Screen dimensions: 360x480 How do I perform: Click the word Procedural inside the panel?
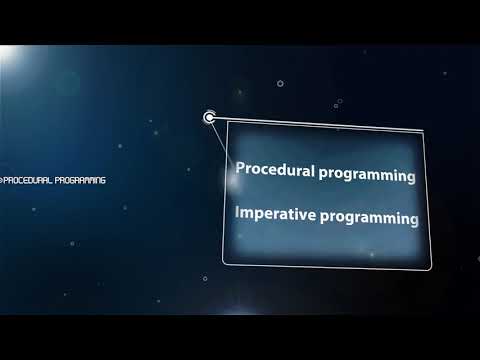click(275, 172)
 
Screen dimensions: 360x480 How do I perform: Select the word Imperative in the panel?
click(275, 214)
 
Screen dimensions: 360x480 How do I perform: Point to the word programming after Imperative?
click(369, 217)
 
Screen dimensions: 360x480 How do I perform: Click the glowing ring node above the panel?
click(209, 118)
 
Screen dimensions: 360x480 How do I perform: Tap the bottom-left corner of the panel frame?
click(224, 262)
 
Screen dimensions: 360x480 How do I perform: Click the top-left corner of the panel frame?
click(228, 123)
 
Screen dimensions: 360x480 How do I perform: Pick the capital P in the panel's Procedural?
click(240, 170)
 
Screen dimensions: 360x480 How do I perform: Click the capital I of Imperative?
click(237, 212)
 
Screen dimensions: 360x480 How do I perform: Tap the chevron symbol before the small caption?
click(3, 180)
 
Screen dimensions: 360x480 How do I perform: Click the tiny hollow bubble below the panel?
click(205, 279)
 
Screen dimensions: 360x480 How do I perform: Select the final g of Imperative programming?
click(413, 221)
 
